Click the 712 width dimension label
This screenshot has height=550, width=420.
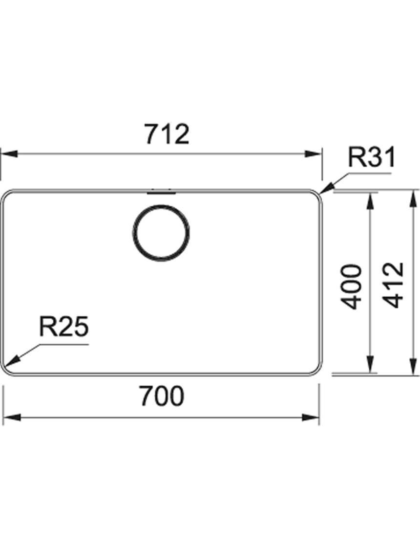(168, 134)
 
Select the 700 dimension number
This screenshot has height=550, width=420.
(162, 396)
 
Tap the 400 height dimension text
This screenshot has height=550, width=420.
(351, 287)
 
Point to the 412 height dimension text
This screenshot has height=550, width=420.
(393, 285)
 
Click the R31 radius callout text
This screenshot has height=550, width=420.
(371, 157)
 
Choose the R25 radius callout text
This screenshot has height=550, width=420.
(64, 327)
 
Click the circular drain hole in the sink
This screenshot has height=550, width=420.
(161, 233)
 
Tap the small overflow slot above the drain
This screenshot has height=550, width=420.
(161, 192)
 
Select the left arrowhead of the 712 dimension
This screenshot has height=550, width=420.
(9, 154)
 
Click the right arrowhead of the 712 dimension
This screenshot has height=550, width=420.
(313, 154)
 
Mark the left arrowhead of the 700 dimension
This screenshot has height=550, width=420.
(11, 418)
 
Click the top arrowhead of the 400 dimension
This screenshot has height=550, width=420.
(370, 200)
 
